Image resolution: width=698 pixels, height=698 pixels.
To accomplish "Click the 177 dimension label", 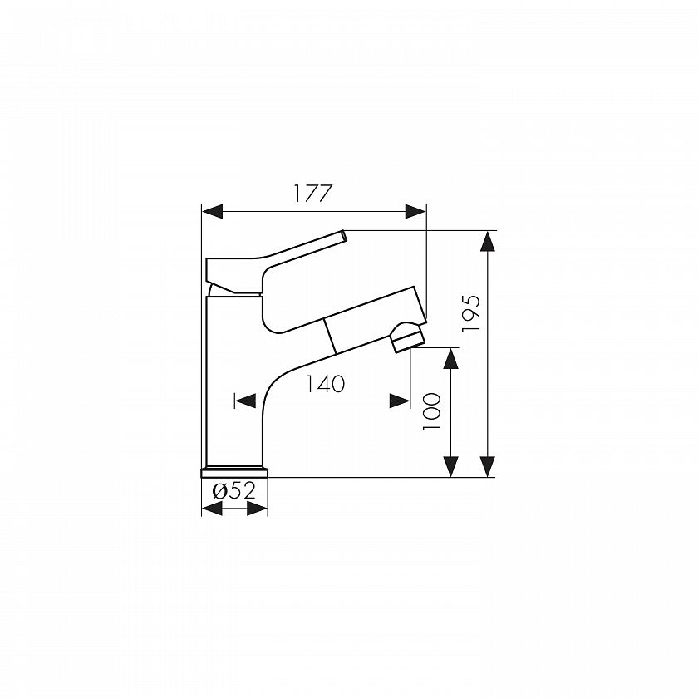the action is (312, 193).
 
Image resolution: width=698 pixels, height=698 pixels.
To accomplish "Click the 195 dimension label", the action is (471, 313).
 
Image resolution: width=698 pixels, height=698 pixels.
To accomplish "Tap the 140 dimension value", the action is (325, 384).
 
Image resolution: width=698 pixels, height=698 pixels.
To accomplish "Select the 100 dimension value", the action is (431, 411).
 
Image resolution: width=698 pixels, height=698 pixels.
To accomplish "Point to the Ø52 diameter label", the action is (234, 491).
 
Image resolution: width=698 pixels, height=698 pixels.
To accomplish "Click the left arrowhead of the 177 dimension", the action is (213, 211).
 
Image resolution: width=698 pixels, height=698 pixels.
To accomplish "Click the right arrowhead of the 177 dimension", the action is (415, 211).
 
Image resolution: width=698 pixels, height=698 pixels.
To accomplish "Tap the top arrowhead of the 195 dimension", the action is (489, 242).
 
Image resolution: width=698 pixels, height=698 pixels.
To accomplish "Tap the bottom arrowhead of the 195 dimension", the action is (489, 466).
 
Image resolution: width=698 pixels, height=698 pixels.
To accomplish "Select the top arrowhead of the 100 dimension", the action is (451, 359).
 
